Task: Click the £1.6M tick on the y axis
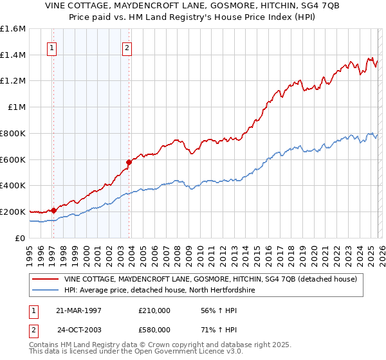click(14, 29)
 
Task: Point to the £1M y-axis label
click(16, 107)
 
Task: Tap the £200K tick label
click(13, 212)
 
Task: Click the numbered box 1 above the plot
click(51, 47)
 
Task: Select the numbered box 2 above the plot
click(127, 47)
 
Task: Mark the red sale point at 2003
click(129, 163)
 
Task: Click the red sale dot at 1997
click(54, 210)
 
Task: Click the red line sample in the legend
click(46, 279)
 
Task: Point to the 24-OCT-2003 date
click(80, 330)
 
